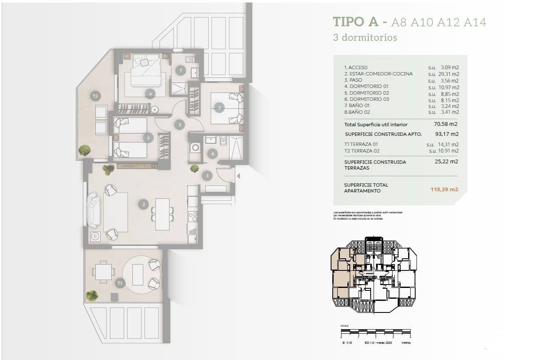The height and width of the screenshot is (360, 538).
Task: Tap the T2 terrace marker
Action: click(95, 96)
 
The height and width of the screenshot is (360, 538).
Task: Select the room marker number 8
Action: click(213, 154)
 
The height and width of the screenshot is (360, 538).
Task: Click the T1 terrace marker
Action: click(120, 283)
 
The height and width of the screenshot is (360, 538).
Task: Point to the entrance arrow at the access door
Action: click(239, 176)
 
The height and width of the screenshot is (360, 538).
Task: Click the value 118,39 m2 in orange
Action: click(444, 189)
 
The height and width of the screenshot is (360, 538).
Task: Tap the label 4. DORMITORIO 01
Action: click(366, 87)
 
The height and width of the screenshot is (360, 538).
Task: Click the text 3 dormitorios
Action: click(365, 37)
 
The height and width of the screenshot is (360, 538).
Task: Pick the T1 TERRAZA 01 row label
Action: click(361, 144)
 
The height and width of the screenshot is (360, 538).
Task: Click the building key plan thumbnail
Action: click(374, 275)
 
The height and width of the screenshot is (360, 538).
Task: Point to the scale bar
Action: click(376, 332)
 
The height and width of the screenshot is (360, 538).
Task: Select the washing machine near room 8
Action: click(194, 147)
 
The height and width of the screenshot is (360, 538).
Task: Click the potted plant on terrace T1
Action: click(92, 295)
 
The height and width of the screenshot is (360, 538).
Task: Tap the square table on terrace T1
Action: click(103, 272)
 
